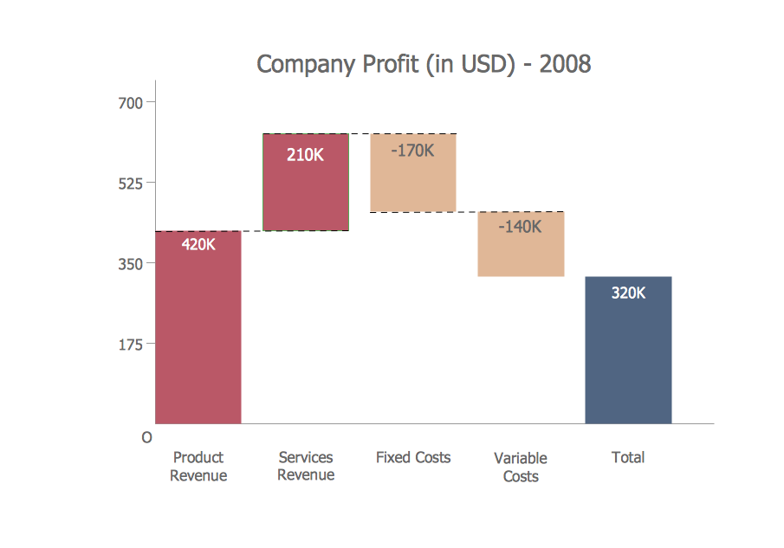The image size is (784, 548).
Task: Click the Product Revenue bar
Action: click(198, 338)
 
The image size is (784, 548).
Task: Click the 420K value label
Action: click(198, 244)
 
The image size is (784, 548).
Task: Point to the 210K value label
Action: click(306, 157)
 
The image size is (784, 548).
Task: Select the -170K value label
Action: click(411, 151)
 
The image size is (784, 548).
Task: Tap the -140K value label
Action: click(520, 227)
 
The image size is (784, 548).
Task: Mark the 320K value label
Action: click(628, 293)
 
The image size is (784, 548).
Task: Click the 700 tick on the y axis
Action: click(130, 102)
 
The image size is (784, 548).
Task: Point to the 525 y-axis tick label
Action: click(130, 183)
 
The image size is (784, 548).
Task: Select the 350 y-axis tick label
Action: click(130, 263)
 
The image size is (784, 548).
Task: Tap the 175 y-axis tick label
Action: click(130, 344)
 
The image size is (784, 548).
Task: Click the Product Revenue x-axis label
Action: click(198, 467)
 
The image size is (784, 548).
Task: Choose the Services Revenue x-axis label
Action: click(306, 466)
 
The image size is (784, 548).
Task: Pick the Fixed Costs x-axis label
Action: click(413, 457)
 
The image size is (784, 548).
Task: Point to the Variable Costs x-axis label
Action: click(521, 467)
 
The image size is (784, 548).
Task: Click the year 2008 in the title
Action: click(565, 64)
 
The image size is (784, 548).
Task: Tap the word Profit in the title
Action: click(386, 64)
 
